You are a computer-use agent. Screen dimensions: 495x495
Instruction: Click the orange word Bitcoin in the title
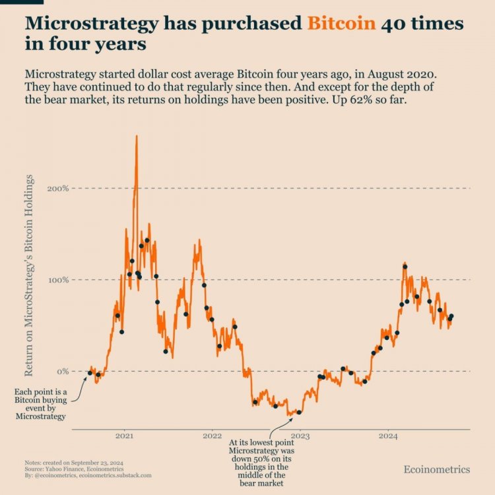coord(341,24)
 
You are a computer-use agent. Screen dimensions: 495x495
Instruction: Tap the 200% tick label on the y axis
coord(58,189)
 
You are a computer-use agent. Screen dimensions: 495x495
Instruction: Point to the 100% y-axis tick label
coord(58,280)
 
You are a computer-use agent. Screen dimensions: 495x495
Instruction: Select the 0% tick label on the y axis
coord(62,372)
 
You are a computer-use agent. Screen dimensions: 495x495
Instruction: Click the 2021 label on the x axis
coord(125,436)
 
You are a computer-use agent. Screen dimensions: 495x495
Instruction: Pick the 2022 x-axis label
coord(212,436)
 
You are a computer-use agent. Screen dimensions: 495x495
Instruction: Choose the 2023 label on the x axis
coord(300,436)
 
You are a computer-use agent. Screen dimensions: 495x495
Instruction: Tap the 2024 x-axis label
coord(388,436)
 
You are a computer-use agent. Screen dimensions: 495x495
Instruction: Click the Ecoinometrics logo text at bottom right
coord(437,469)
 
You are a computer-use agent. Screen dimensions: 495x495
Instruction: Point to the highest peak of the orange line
coord(136,136)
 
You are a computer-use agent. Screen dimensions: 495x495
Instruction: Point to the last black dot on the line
coord(451,316)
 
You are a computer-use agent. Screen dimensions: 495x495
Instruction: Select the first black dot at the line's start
coord(90,373)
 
